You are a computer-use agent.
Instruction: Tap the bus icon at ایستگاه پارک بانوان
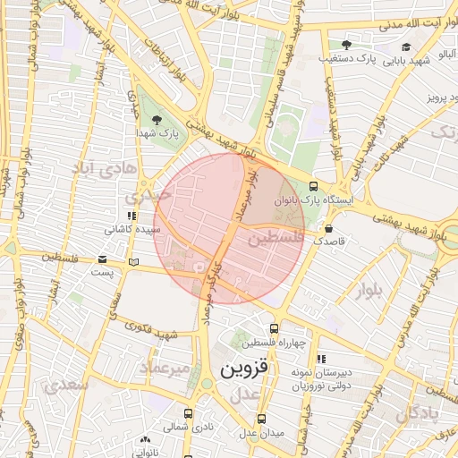(x=312, y=186)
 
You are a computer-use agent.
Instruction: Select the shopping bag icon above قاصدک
(x=329, y=227)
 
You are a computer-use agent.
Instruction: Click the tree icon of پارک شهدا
(x=157, y=120)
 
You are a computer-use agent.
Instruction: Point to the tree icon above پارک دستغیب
(x=346, y=45)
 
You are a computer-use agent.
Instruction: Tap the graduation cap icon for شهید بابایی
(x=406, y=47)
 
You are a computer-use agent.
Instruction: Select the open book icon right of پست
(x=133, y=262)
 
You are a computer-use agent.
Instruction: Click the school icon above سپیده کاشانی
(x=131, y=216)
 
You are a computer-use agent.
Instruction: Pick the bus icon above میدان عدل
(x=261, y=419)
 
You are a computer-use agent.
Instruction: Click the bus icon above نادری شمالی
(x=188, y=413)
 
